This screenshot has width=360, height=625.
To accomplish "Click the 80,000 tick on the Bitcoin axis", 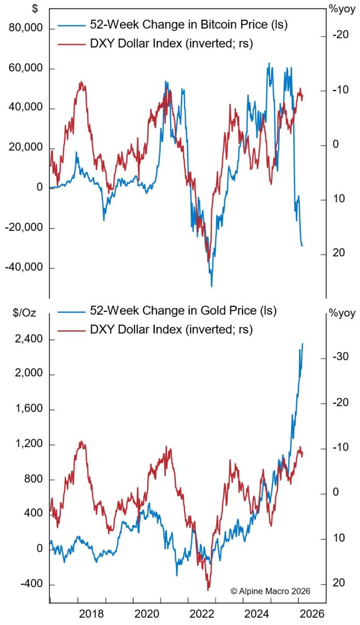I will point(26,29).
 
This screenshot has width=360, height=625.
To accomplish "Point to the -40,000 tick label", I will point(25,268).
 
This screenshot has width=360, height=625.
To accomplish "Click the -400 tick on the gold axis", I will point(33,584).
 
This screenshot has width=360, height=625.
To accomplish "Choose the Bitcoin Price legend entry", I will point(173,24).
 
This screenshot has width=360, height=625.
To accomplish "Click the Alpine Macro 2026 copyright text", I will point(271,590).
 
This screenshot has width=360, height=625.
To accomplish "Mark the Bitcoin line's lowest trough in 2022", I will point(212,286).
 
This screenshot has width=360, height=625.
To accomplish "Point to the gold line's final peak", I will point(303,344).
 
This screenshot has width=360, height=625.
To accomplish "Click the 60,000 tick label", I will point(26,69).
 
